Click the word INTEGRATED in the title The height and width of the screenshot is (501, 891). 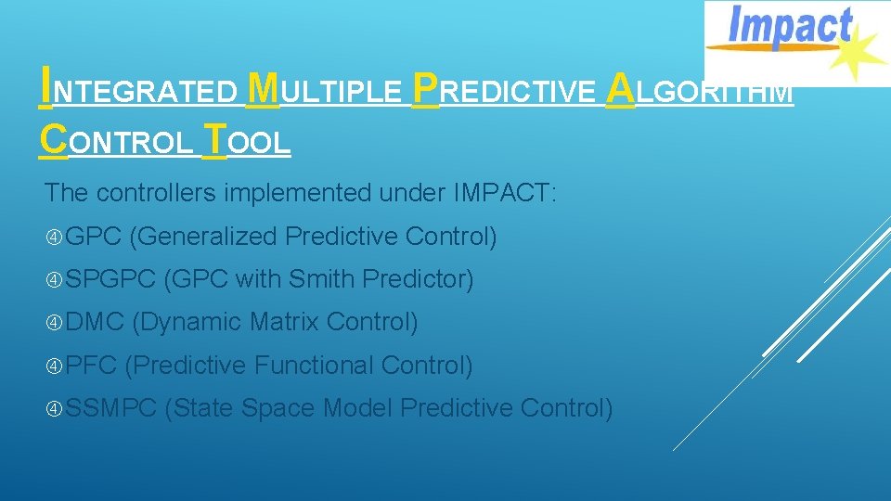pyautogui.click(x=139, y=91)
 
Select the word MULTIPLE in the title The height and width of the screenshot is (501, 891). pyautogui.click(x=326, y=91)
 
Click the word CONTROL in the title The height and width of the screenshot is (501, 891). pyautogui.click(x=117, y=143)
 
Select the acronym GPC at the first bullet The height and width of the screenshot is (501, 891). pyautogui.click(x=95, y=237)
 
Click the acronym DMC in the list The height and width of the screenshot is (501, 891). pyautogui.click(x=96, y=322)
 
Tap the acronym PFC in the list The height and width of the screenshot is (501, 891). pyautogui.click(x=92, y=366)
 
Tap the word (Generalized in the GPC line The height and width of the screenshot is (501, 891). pyautogui.click(x=203, y=237)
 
